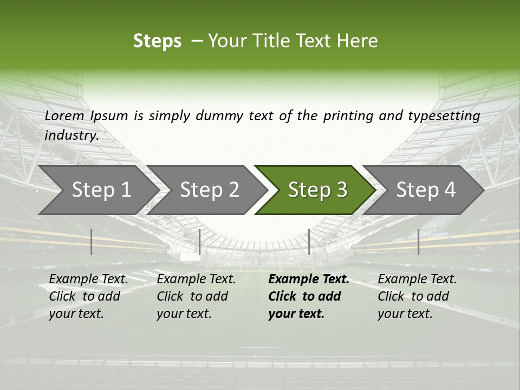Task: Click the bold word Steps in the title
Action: tap(157, 41)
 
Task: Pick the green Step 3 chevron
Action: tap(317, 190)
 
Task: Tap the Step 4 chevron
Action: tap(426, 190)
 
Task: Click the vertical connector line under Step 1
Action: tap(92, 242)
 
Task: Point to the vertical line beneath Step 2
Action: tap(200, 242)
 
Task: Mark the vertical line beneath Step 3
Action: tap(309, 242)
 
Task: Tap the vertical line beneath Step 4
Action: tap(419, 242)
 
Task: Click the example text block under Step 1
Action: tap(88, 296)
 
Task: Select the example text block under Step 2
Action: tap(196, 296)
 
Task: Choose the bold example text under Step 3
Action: tap(309, 296)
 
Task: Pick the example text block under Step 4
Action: tap(417, 296)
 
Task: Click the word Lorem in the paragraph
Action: tap(64, 115)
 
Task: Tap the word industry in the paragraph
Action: tap(71, 135)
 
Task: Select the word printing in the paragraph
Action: tap(347, 115)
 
